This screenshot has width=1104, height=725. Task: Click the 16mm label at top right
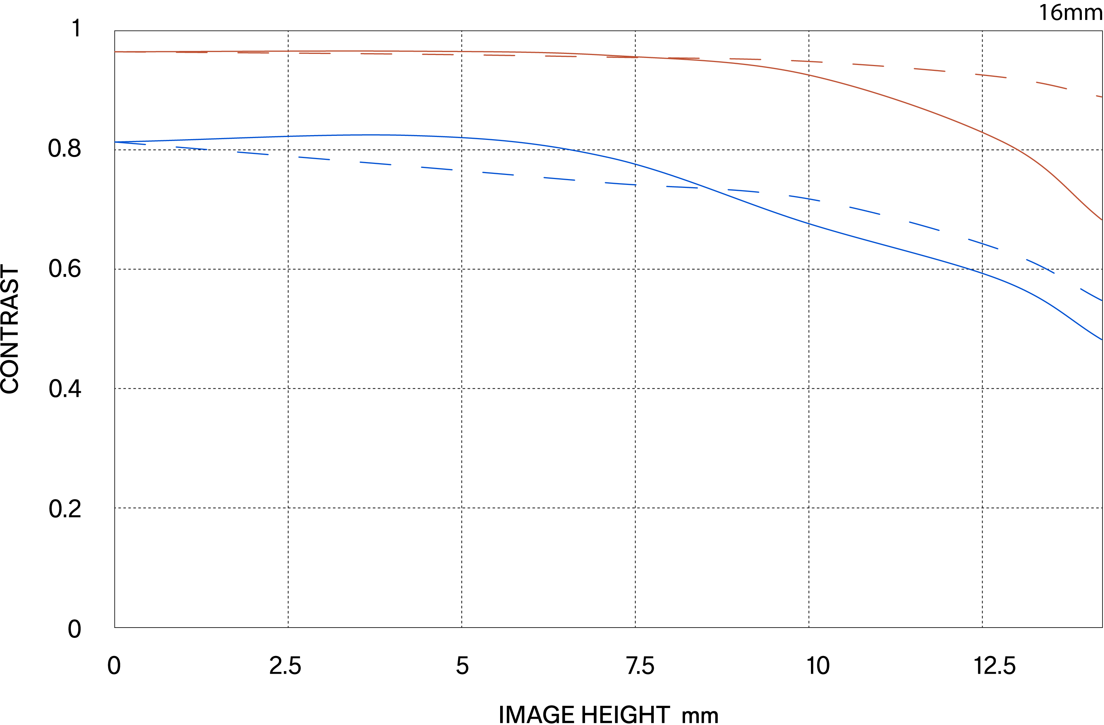1070,13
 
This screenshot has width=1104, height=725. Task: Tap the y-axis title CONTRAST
10,329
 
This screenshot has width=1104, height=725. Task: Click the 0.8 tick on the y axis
65,149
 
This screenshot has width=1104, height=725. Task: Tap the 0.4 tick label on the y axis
65,388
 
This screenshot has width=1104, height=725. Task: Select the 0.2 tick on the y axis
65,509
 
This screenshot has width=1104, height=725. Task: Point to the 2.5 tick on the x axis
285,666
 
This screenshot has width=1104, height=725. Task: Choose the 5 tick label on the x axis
462,666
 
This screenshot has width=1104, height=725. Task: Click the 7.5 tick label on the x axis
640,666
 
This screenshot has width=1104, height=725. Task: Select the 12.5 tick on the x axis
994,666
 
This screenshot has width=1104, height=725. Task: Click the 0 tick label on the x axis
114,666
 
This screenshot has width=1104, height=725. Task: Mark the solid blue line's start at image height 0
115,142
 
